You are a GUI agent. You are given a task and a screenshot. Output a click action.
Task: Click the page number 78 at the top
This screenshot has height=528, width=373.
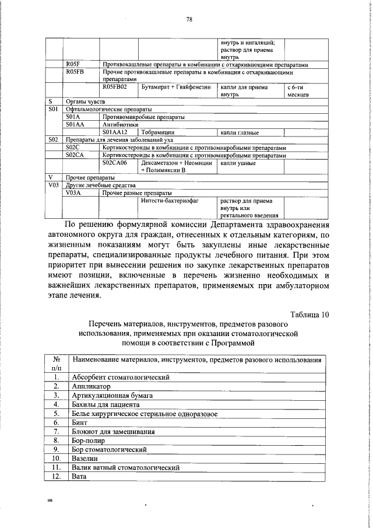point(189,19)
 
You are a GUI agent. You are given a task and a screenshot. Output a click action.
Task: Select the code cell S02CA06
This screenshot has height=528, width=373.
point(115,163)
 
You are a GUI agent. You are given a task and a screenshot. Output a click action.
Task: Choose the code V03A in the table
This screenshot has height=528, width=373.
point(76,193)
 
